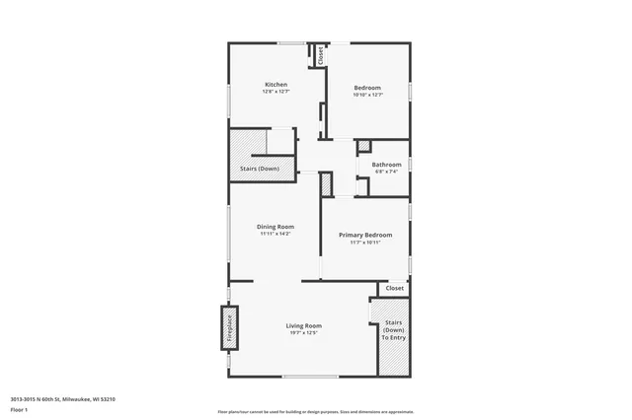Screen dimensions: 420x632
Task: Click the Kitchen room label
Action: coord(276,85)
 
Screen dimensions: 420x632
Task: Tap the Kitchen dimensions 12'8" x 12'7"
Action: coord(276,92)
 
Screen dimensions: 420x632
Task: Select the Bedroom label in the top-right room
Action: coord(367,88)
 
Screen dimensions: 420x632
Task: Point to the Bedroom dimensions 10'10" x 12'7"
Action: coord(367,95)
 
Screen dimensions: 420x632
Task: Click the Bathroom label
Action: coord(386,164)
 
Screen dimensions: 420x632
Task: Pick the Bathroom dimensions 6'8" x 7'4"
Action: coord(386,171)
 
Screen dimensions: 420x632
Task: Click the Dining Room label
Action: coord(276,226)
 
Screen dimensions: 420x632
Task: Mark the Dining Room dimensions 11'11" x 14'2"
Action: coord(276,234)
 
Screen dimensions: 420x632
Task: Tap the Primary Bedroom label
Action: coord(365,235)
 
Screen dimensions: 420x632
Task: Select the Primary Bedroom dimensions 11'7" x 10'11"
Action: coord(365,243)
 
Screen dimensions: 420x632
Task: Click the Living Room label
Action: coord(304,325)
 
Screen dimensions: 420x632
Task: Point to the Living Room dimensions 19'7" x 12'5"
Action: coord(304,333)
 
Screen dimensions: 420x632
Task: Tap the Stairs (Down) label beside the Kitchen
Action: coord(259,169)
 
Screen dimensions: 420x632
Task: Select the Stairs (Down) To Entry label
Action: coord(393,330)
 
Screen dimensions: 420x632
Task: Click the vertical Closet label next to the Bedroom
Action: coord(320,56)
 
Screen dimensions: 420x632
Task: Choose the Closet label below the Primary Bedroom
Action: coord(394,288)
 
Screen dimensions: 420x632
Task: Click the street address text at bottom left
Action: coord(63,398)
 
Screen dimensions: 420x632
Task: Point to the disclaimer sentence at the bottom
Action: coord(316,411)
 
